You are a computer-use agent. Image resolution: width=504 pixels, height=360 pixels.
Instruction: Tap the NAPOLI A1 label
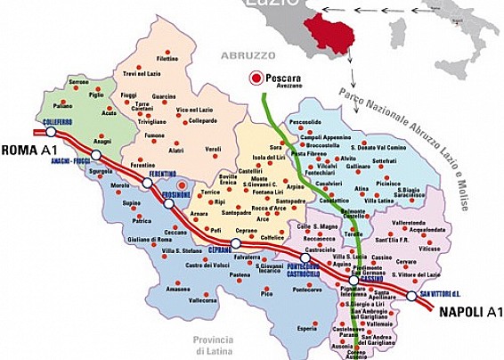point(469,312)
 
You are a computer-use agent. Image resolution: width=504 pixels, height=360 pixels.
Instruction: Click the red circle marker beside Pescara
point(256,78)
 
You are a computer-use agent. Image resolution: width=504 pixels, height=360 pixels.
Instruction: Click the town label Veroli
point(213,150)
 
